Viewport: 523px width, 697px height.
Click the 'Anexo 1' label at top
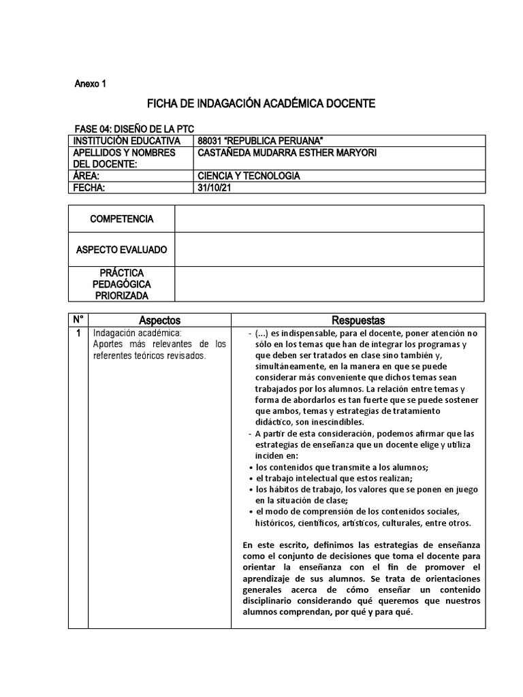point(90,84)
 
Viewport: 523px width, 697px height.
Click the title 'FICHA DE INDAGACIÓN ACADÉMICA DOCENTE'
point(261,105)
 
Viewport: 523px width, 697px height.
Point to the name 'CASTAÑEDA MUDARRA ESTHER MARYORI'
point(286,153)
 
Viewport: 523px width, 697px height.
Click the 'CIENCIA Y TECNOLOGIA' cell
point(248,176)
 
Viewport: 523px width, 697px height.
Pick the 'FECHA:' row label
point(90,187)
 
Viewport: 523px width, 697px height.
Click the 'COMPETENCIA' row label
point(122,219)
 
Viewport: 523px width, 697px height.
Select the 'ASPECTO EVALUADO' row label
point(122,250)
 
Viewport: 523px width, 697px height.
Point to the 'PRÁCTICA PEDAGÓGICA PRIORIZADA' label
point(122,284)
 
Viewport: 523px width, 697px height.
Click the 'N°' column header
point(78,320)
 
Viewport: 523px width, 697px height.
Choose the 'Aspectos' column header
point(160,320)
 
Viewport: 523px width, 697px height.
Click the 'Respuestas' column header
point(358,320)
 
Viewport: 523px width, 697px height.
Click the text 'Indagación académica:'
point(138,333)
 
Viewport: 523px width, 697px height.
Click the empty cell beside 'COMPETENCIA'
point(330,219)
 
